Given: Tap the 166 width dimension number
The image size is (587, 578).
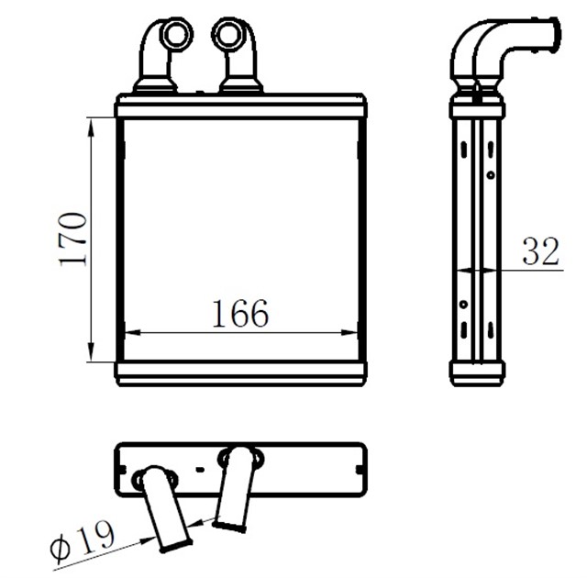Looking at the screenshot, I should (x=241, y=315).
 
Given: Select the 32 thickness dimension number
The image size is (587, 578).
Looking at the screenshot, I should (x=541, y=251).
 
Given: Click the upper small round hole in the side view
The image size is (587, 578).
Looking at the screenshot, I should (x=491, y=174).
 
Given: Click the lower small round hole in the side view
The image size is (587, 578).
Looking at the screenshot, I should (x=463, y=304).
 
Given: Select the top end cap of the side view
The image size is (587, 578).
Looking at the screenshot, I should (x=477, y=109).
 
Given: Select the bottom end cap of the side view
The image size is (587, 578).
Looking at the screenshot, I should (x=477, y=372).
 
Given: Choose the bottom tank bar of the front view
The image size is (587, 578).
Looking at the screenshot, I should (x=241, y=372).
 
